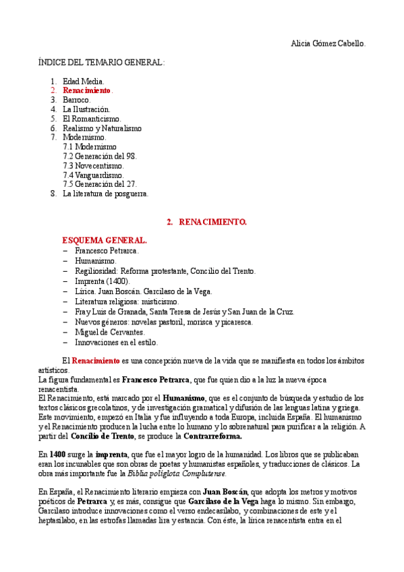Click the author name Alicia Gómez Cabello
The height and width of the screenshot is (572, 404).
click(x=328, y=43)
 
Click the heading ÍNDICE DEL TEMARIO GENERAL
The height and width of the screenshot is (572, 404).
click(x=101, y=62)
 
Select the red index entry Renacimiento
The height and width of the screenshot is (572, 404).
click(x=87, y=90)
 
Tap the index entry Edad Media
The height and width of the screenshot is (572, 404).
click(x=84, y=81)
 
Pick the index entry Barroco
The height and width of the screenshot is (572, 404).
click(x=76, y=100)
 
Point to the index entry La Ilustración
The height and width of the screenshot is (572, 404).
click(x=86, y=109)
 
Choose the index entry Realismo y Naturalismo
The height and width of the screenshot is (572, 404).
click(x=102, y=128)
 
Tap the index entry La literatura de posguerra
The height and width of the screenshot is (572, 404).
click(x=105, y=194)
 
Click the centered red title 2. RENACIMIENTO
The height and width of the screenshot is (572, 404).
click(x=206, y=221)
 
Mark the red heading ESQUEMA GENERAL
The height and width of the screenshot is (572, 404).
click(x=104, y=240)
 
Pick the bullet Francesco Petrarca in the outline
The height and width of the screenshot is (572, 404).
click(x=107, y=251)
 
